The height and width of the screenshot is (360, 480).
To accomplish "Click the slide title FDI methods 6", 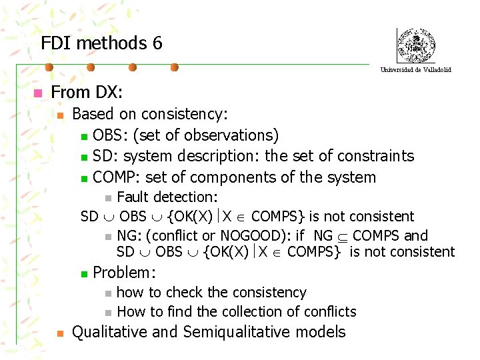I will point(101,43).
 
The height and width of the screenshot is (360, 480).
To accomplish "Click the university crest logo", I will point(415,45).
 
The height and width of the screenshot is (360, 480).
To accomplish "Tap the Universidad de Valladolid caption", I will point(415,69).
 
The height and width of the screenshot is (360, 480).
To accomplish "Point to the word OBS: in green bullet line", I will point(111,135).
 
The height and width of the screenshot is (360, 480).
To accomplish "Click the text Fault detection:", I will point(167,197).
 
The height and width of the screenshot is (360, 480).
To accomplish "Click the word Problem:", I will point(125,272).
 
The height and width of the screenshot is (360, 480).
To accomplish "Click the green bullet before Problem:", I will point(83,273).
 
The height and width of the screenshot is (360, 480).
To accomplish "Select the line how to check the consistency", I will point(211,292).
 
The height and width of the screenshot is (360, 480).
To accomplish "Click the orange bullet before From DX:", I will point(39,93).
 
